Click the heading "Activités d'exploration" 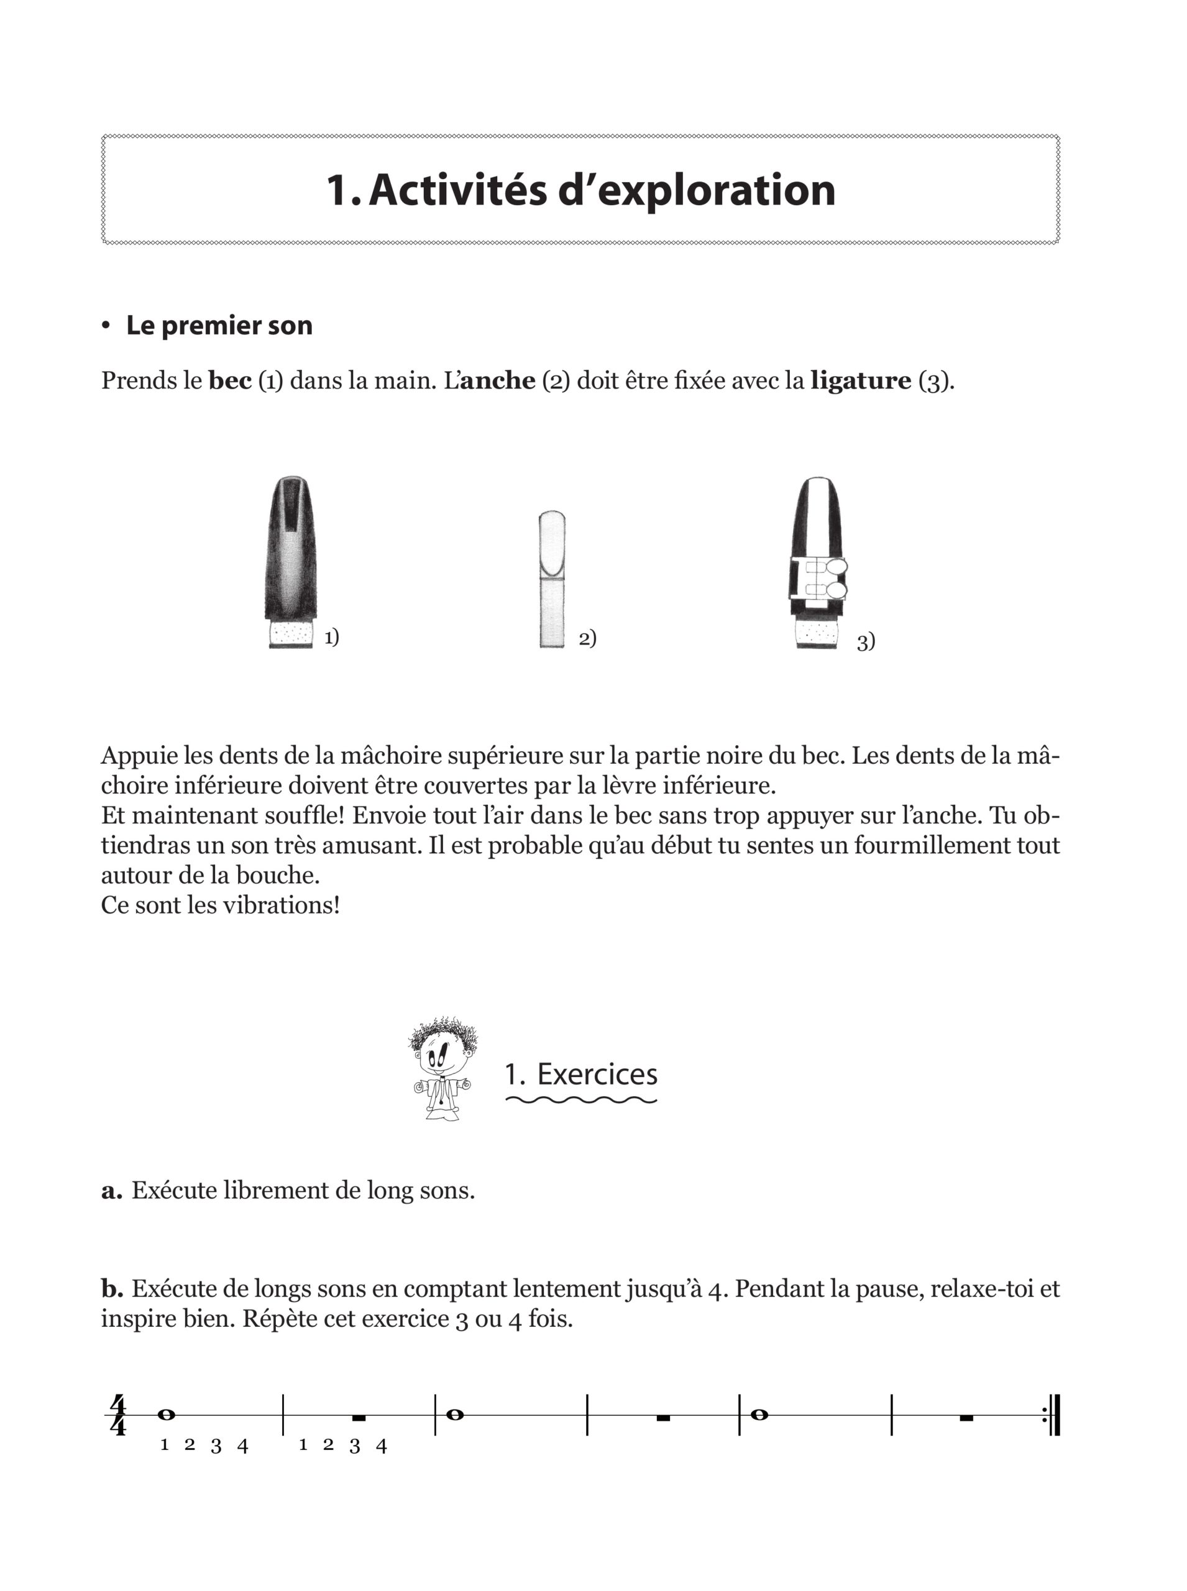580,190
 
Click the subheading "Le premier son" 219,326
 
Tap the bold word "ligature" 860,380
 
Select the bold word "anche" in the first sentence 497,380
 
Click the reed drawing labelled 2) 552,579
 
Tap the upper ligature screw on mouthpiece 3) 836,567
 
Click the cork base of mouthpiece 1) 291,635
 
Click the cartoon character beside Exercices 441,1071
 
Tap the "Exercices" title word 597,1075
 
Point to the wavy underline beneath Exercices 581,1100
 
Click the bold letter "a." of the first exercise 111,1191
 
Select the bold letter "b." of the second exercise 112,1288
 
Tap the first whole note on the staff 166,1414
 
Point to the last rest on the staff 966,1417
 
